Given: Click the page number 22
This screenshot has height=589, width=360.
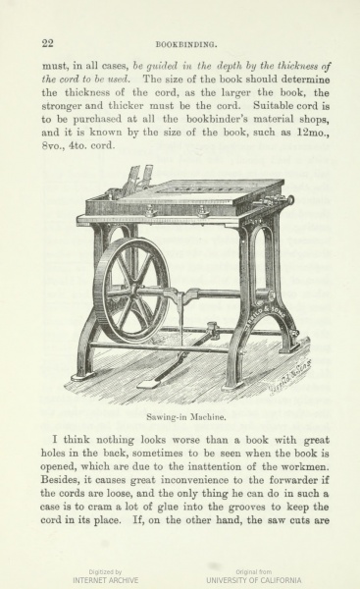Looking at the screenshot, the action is pyautogui.click(x=47, y=42).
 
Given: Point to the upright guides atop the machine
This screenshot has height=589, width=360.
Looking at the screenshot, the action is pyautogui.click(x=137, y=178).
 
